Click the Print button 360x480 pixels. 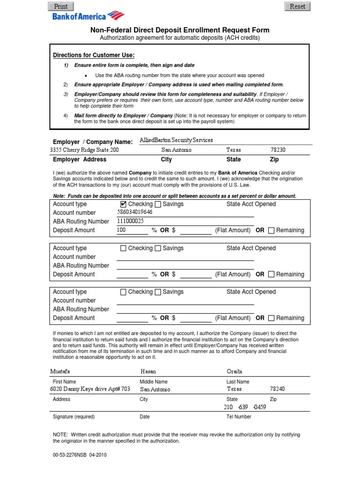(60, 7)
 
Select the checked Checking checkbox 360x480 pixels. (123, 204)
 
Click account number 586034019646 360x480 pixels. (135, 212)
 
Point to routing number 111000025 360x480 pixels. (130, 221)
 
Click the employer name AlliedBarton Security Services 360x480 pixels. (176, 140)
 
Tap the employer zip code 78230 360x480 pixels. (277, 150)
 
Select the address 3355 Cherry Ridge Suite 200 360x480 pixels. (84, 150)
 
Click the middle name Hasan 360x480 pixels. (149, 372)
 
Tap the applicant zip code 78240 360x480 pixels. (277, 389)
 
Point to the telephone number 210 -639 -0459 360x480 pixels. (246, 407)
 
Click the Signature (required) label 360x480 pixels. (74, 417)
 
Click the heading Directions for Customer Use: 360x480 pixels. (94, 55)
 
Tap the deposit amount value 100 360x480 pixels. (121, 230)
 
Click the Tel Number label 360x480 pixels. (239, 417)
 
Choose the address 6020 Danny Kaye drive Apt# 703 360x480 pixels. (90, 389)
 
